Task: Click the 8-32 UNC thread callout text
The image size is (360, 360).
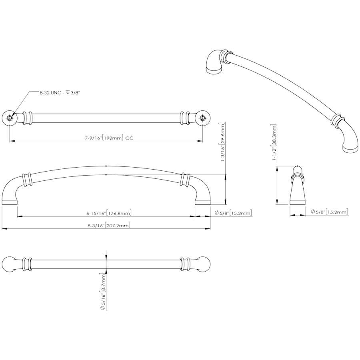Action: (x=60, y=93)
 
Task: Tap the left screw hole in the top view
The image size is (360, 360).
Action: (x=10, y=118)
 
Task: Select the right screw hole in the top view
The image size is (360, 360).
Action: (x=202, y=118)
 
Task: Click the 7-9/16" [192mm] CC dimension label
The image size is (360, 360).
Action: (x=109, y=138)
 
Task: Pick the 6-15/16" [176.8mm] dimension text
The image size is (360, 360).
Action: (x=109, y=213)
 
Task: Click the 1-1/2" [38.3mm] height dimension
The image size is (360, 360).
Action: (x=274, y=142)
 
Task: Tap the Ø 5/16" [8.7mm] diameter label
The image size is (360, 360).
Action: (x=103, y=292)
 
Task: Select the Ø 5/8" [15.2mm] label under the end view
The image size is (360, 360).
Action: (x=330, y=212)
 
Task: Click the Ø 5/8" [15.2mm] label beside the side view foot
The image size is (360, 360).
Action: (x=233, y=213)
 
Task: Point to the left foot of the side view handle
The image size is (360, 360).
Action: (x=10, y=202)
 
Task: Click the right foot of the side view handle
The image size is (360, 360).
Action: (x=203, y=202)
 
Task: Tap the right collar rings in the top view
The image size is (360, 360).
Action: (x=185, y=118)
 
